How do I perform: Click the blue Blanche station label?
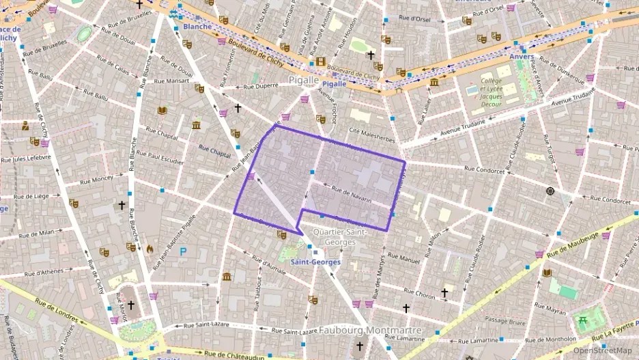pyautogui.click(x=197, y=27)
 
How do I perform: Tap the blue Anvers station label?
pyautogui.click(x=522, y=57)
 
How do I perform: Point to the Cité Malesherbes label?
pyautogui.click(x=371, y=139)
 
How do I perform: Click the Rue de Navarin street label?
pyautogui.click(x=351, y=194)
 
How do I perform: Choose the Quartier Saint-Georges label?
pyautogui.click(x=339, y=236)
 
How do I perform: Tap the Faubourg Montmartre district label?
pyautogui.click(x=371, y=331)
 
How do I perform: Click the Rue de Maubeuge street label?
pyautogui.click(x=572, y=245)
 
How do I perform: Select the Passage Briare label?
pyautogui.click(x=505, y=319)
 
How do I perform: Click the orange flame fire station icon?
pyautogui.click(x=150, y=249)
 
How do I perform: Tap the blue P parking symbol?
pyautogui.click(x=182, y=251)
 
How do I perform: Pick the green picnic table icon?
pyautogui.click(x=583, y=320)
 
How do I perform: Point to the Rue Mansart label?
pyautogui.click(x=172, y=81)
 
